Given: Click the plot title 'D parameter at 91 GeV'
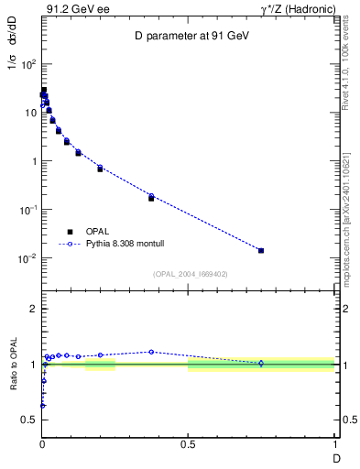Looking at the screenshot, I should tap(188, 36).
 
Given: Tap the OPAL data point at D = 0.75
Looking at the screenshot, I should tap(261, 250).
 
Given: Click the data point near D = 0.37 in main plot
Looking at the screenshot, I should tap(151, 197).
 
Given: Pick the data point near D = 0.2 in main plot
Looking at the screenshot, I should tap(100, 169).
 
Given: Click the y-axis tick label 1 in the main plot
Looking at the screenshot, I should tap(33, 161).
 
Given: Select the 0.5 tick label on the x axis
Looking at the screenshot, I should tap(188, 444).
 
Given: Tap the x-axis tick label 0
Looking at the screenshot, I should tap(42, 444).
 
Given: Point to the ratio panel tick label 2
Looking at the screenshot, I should tap(33, 309).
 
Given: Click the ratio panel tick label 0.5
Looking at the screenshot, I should tap(28, 420).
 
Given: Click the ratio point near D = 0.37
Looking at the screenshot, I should tap(151, 352).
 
